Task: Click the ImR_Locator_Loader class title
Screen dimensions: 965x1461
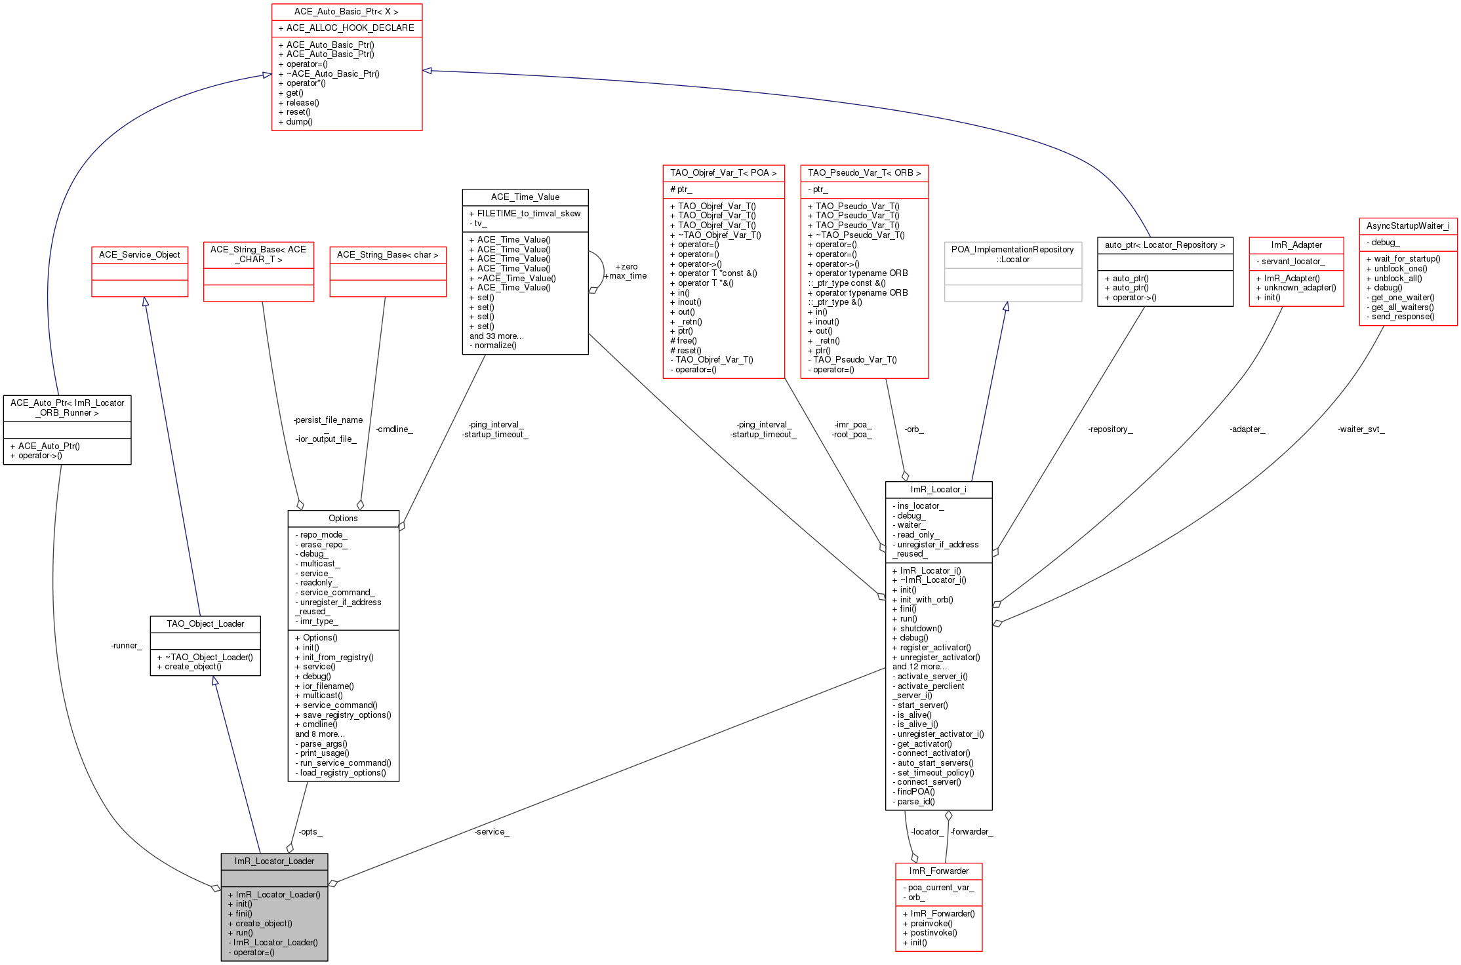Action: coord(274,861)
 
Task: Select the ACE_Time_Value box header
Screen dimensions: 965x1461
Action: coord(525,197)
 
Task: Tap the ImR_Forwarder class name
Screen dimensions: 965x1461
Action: coord(938,871)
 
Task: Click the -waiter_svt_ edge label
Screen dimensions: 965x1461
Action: coord(1361,429)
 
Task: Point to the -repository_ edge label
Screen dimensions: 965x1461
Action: coord(1110,429)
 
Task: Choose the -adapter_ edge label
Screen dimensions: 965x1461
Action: coord(1247,429)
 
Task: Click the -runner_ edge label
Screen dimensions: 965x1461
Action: coord(127,646)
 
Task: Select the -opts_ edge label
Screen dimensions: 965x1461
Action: coord(310,832)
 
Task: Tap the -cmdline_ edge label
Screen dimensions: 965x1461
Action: coord(394,429)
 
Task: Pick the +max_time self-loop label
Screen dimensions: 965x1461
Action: coord(625,276)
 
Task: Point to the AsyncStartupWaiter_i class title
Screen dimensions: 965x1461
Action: coord(1408,226)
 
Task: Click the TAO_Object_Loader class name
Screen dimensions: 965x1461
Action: coord(205,624)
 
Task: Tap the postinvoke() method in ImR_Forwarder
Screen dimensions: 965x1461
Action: coord(933,933)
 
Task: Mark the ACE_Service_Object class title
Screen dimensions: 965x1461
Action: coord(140,255)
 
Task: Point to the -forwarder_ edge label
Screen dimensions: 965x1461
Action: coord(972,832)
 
